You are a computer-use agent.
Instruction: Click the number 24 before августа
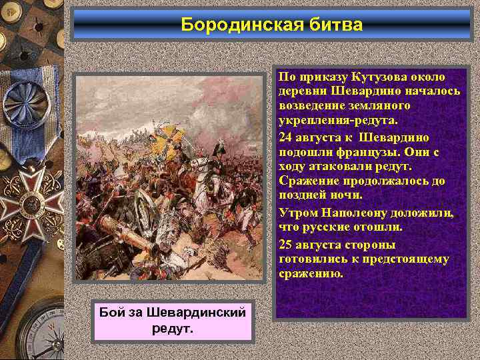coord(285,137)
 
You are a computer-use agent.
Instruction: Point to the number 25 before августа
coord(285,244)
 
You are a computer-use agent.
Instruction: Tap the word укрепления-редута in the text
coord(337,121)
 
